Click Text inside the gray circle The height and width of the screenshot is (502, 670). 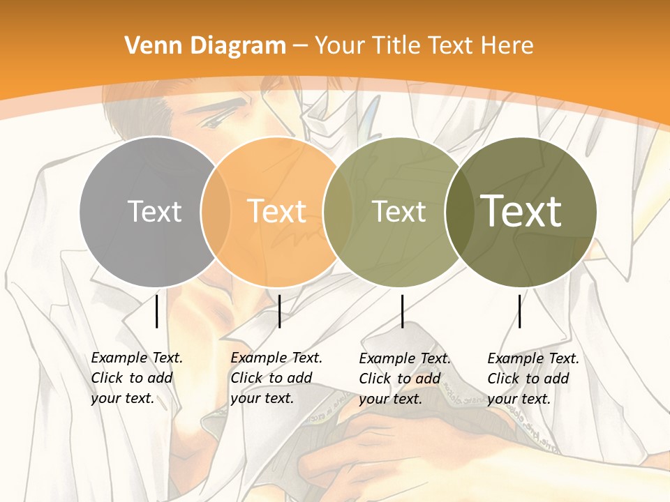pos(154,211)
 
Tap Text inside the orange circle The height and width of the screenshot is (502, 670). pos(277,211)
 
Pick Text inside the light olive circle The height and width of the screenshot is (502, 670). pos(399,211)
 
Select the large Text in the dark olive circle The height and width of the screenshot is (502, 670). pos(521,211)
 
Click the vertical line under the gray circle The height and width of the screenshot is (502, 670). pos(156,311)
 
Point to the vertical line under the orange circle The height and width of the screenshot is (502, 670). pos(279,311)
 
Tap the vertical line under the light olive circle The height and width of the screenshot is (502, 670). pos(402,311)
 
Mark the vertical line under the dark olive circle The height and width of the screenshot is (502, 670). pos(519,311)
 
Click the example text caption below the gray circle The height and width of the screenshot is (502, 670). pos(137,378)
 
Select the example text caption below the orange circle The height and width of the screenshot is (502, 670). pos(276,378)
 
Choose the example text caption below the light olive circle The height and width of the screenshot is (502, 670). pos(405,379)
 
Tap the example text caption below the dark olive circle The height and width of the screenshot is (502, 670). pos(533,379)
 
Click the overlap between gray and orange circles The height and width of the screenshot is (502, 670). pos(216,211)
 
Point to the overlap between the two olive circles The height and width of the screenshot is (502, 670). pos(457,211)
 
